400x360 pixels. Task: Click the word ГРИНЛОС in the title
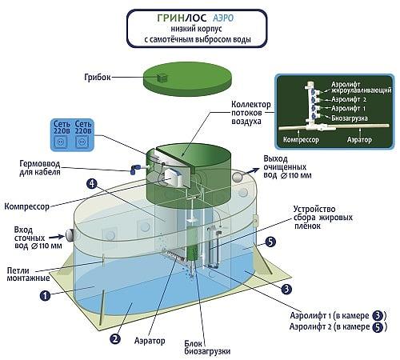(182, 18)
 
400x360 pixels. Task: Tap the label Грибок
(98, 77)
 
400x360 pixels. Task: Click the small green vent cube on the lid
(162, 78)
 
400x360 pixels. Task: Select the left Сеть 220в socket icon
(61, 142)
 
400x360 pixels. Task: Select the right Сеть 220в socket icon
(82, 142)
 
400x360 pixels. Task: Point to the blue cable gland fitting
(135, 169)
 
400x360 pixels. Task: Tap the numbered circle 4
(92, 183)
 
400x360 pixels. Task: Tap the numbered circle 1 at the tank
(45, 295)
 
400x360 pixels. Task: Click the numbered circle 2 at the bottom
(115, 339)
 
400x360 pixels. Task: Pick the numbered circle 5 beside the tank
(270, 242)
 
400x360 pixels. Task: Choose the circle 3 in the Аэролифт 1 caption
(378, 316)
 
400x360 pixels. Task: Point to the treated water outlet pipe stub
(237, 177)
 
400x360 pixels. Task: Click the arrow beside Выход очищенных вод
(252, 170)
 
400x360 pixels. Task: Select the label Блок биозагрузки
(207, 347)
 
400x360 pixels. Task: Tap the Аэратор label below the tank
(150, 341)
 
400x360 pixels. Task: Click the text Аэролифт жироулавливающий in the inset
(362, 88)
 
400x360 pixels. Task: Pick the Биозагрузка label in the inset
(350, 118)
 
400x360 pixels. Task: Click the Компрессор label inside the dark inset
(301, 139)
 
